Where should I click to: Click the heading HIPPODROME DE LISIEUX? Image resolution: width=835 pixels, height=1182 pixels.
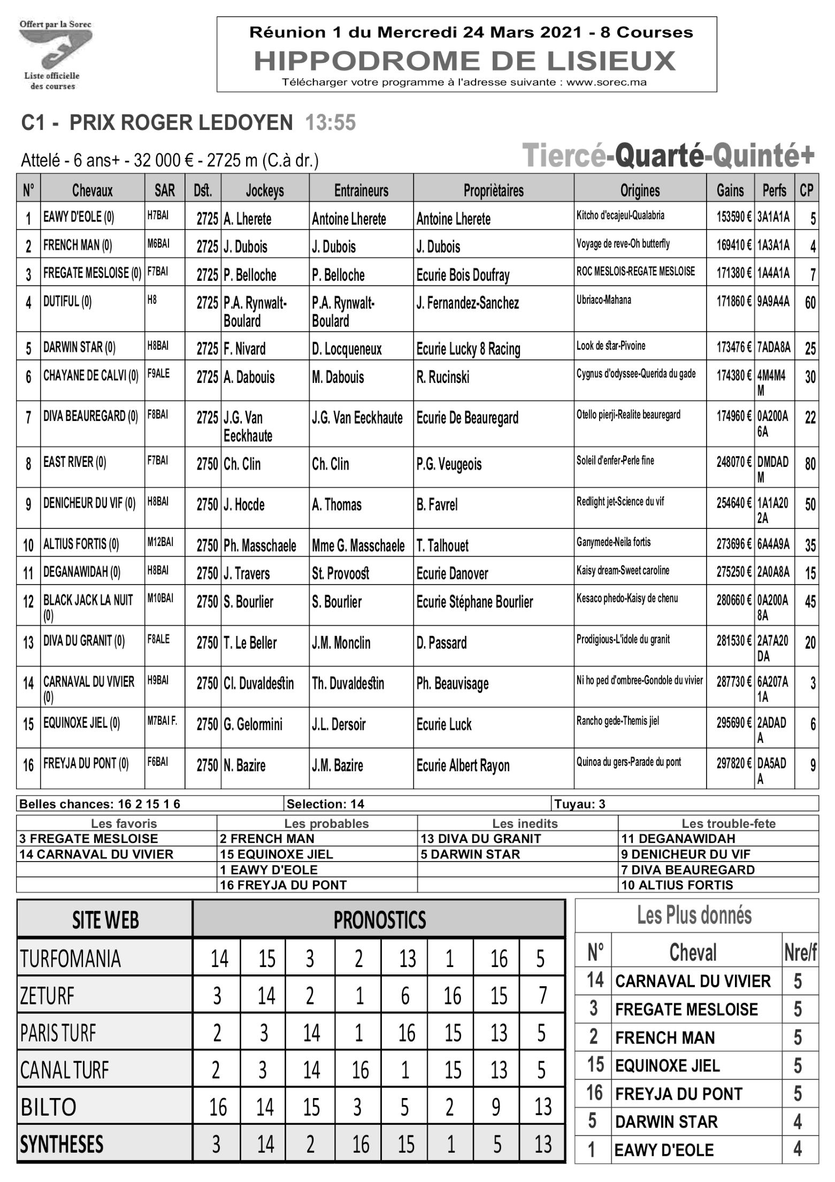[465, 61]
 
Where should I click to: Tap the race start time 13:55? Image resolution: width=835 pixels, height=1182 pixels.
[330, 123]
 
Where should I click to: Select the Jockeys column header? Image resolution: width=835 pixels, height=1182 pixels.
[265, 190]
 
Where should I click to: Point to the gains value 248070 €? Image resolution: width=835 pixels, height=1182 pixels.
[734, 462]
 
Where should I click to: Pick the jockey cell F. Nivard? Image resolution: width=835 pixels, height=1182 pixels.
[244, 349]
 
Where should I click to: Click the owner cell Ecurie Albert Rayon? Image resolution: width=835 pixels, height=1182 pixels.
[463, 765]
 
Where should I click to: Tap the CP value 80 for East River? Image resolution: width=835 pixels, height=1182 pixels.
[810, 464]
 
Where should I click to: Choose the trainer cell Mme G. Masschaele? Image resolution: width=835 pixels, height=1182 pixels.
[358, 546]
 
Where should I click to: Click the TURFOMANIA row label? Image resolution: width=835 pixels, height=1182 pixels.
[71, 959]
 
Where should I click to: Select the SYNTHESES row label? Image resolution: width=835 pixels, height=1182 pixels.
[62, 1145]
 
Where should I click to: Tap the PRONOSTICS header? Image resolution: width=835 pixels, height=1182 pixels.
[379, 920]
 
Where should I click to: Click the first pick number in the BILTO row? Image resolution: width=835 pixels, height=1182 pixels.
[218, 1107]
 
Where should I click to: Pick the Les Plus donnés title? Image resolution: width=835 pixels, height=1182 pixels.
[694, 916]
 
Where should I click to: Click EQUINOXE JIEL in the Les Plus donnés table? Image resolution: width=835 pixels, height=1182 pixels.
[667, 1066]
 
